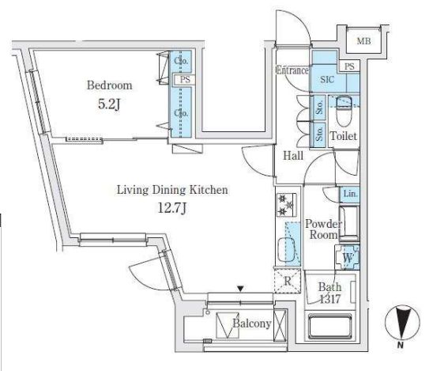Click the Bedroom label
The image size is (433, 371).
pyautogui.click(x=110, y=85)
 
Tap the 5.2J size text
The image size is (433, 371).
pyautogui.click(x=109, y=104)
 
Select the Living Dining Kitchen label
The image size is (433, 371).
pyautogui.click(x=172, y=190)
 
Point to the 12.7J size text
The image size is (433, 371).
pyautogui.click(x=171, y=208)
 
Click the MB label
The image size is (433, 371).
pyautogui.click(x=363, y=41)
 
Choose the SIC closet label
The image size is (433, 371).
pyautogui.click(x=327, y=80)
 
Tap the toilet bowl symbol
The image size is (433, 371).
pyautogui.click(x=344, y=111)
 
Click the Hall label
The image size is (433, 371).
pyautogui.click(x=293, y=156)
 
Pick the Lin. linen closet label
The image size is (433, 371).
pyautogui.click(x=350, y=194)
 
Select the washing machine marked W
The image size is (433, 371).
pyautogui.click(x=348, y=257)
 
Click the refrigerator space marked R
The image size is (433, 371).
pyautogui.click(x=288, y=281)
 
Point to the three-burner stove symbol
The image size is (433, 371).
pyautogui.click(x=286, y=205)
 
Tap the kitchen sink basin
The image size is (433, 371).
pyautogui.click(x=286, y=250)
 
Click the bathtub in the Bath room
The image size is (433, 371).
pyautogui.click(x=329, y=326)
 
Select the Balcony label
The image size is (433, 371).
pyautogui.click(x=252, y=324)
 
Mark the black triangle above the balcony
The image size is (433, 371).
pyautogui.click(x=241, y=290)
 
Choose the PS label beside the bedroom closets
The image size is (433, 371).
pyautogui.click(x=185, y=80)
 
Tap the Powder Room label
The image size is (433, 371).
pyautogui.click(x=323, y=229)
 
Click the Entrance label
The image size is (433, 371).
pyautogui.click(x=292, y=70)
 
